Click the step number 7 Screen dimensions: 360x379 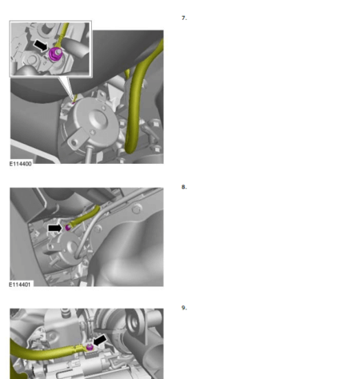pyautogui.click(x=184, y=18)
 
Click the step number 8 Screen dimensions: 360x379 pyautogui.click(x=184, y=187)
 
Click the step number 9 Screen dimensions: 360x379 pyautogui.click(x=184, y=308)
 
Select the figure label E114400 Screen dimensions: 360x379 pyautogui.click(x=21, y=164)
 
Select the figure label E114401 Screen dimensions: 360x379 pyautogui.click(x=20, y=285)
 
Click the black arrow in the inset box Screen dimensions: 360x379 pyautogui.click(x=41, y=46)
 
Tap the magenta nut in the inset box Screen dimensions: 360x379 pyautogui.click(x=56, y=54)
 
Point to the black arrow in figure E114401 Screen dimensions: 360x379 pyautogui.click(x=54, y=228)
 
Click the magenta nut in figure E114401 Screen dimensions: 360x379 pyautogui.click(x=68, y=228)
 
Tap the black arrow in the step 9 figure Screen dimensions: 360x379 pyautogui.click(x=100, y=341)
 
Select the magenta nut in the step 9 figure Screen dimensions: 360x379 pyautogui.click(x=90, y=347)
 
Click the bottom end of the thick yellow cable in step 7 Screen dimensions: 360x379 pyautogui.click(x=129, y=151)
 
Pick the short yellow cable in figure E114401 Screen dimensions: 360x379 pyautogui.click(x=85, y=215)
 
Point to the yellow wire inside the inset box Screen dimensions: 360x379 pyautogui.click(x=62, y=34)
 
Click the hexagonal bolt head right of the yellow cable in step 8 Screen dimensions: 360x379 pyautogui.click(x=137, y=209)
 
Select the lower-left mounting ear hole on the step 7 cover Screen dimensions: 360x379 pyautogui.click(x=74, y=143)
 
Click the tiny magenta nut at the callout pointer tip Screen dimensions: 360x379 pyautogui.click(x=74, y=102)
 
